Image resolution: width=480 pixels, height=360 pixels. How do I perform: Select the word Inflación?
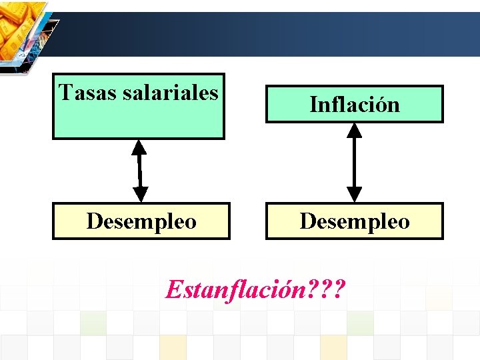coord(354,104)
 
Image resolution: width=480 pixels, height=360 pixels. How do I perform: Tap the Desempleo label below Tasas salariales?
coord(141,221)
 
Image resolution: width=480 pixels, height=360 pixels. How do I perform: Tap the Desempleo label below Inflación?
coord(355,221)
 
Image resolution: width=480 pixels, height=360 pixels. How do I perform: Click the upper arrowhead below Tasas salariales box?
coord(139,147)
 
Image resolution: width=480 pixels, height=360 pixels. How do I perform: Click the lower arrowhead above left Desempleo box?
coord(141,194)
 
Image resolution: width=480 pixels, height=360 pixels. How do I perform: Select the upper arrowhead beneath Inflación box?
coord(355,131)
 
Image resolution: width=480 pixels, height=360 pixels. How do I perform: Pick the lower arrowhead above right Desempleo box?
coord(355,194)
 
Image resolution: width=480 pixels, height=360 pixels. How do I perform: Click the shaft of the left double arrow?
coord(139,171)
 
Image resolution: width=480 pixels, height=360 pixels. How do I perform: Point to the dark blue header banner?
coord(267,33)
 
